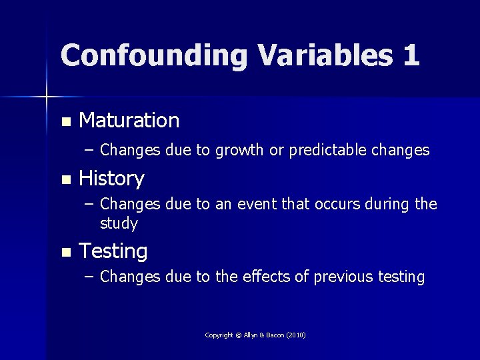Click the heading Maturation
click(129, 120)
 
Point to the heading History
click(111, 179)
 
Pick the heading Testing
click(113, 251)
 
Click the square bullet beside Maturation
click(65, 122)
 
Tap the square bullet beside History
click(65, 180)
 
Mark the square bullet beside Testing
click(65, 253)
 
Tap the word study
click(119, 223)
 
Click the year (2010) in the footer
click(295, 335)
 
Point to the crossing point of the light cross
click(47, 97)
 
